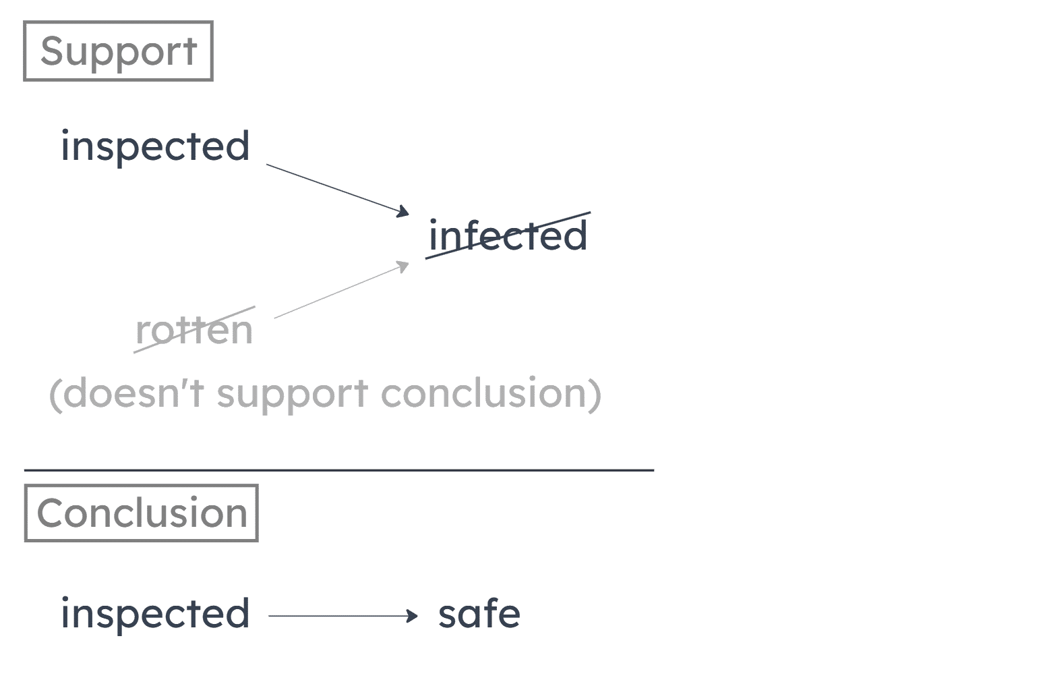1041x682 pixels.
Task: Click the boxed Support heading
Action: [x=119, y=51]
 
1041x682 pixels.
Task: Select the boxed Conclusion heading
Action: [x=141, y=513]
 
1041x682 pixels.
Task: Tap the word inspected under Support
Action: [x=155, y=146]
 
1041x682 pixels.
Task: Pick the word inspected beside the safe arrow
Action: [x=155, y=614]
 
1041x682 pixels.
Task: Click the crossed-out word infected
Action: [x=508, y=236]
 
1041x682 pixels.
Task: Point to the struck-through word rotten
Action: [x=194, y=330]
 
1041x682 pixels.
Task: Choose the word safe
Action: [x=479, y=614]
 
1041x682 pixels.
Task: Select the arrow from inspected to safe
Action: [x=340, y=615]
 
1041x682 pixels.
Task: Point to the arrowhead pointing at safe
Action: [x=413, y=615]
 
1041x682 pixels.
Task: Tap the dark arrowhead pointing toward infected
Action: [x=403, y=212]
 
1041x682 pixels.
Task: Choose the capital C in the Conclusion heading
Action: [x=49, y=513]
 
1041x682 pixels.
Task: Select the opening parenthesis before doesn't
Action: [x=55, y=394]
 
